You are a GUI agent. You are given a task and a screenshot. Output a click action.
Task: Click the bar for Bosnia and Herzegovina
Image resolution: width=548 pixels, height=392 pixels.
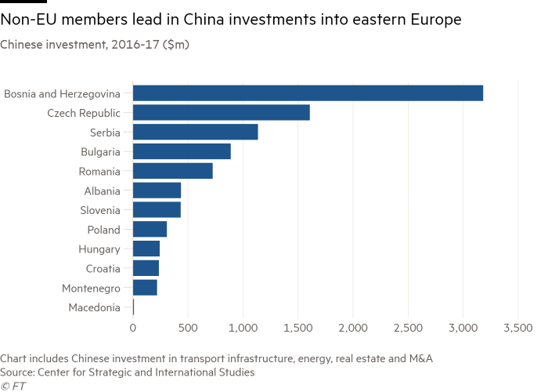point(308,93)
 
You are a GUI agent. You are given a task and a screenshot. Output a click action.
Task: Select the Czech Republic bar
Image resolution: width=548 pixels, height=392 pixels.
point(222,113)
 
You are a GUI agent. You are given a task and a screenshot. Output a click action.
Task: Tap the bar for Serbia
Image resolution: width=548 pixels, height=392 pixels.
point(196,132)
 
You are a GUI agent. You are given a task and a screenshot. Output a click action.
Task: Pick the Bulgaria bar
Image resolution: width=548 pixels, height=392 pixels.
point(182,151)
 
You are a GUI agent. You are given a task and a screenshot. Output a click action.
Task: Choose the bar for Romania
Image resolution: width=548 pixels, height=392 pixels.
point(173,171)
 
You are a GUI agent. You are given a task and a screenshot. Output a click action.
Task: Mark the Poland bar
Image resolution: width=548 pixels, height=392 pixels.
point(150,230)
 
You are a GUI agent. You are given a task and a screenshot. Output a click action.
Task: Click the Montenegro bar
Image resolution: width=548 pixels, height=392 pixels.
point(146,288)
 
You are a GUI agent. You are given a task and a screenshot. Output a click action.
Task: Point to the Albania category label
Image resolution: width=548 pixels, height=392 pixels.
point(102,191)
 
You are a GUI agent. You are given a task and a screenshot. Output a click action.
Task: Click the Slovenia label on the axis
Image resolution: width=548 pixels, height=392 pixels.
point(100,210)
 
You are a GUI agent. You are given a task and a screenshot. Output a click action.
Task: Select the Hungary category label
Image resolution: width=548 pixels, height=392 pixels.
point(100,249)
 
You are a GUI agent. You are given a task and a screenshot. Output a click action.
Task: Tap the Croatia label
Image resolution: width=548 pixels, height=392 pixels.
point(103,269)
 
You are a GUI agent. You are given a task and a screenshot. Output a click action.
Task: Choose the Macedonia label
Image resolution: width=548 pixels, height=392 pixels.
point(94,307)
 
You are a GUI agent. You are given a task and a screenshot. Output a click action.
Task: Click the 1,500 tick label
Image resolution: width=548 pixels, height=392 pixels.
point(297,327)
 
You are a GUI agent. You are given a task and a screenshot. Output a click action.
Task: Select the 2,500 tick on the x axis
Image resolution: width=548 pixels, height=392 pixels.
point(408,327)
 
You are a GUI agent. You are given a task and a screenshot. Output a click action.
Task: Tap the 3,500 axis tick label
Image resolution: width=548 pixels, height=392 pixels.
point(517,327)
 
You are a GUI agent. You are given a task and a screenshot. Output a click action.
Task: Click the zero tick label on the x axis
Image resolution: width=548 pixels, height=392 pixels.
point(133,327)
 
